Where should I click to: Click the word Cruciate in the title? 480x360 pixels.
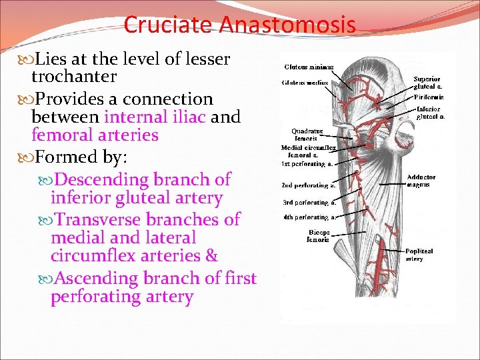167,25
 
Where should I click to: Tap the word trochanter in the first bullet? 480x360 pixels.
74,77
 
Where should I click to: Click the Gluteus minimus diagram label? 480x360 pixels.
309,67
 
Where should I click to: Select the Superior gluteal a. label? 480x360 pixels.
427,82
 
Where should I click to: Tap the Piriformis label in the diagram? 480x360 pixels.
429,97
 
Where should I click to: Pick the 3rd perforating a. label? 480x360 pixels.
309,201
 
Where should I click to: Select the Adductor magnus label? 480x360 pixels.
421,181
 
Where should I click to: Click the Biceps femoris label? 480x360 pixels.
318,236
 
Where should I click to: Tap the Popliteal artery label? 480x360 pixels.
419,255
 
